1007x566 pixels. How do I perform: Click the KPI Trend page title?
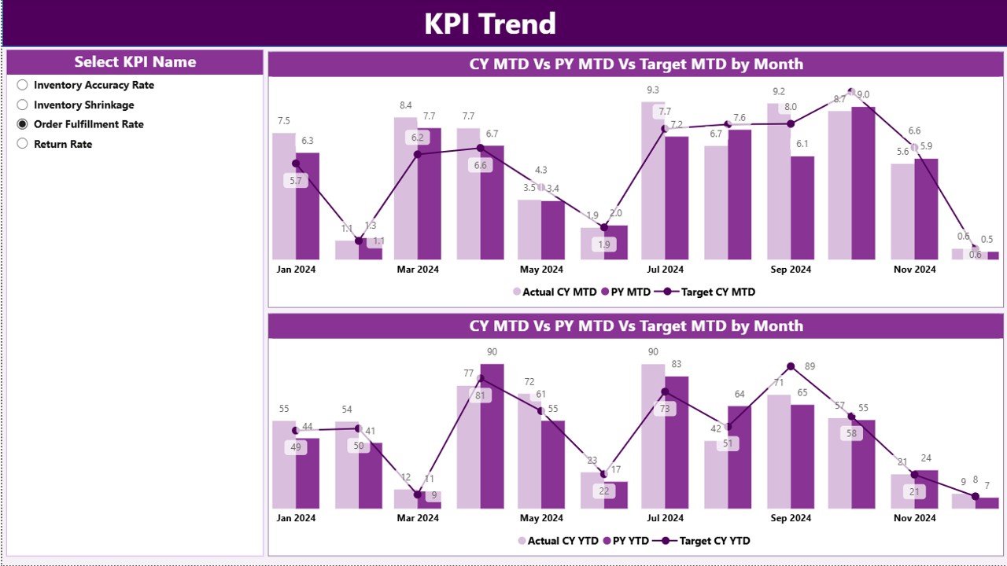click(x=490, y=24)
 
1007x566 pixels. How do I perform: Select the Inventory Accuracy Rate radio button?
click(x=22, y=85)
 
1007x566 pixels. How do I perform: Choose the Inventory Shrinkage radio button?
click(x=22, y=105)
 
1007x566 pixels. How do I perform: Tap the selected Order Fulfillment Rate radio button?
click(x=22, y=124)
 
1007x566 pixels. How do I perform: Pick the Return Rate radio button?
click(x=22, y=144)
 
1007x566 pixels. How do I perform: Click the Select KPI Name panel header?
click(x=135, y=62)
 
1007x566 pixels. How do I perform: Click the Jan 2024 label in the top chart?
click(x=297, y=269)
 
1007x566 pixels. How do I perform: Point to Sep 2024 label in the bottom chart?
click(x=791, y=518)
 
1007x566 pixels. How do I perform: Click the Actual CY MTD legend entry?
click(x=555, y=292)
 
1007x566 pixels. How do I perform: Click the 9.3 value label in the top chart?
click(x=653, y=90)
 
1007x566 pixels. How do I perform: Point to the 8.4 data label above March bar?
click(x=406, y=105)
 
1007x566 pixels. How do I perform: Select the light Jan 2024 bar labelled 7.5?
click(x=284, y=197)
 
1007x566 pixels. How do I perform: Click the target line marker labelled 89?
click(x=791, y=366)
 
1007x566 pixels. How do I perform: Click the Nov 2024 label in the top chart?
click(x=915, y=269)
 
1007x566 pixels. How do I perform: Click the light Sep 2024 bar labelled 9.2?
click(x=779, y=182)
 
